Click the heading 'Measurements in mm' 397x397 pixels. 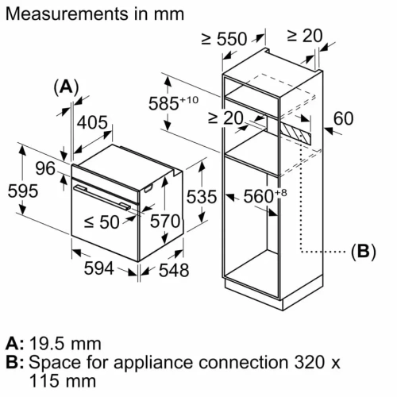(x=94, y=14)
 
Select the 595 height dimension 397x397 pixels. (x=19, y=191)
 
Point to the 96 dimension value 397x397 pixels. (x=44, y=168)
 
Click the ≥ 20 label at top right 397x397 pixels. (x=305, y=35)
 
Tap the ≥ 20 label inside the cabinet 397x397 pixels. (x=225, y=119)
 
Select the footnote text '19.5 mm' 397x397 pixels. (x=64, y=344)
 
